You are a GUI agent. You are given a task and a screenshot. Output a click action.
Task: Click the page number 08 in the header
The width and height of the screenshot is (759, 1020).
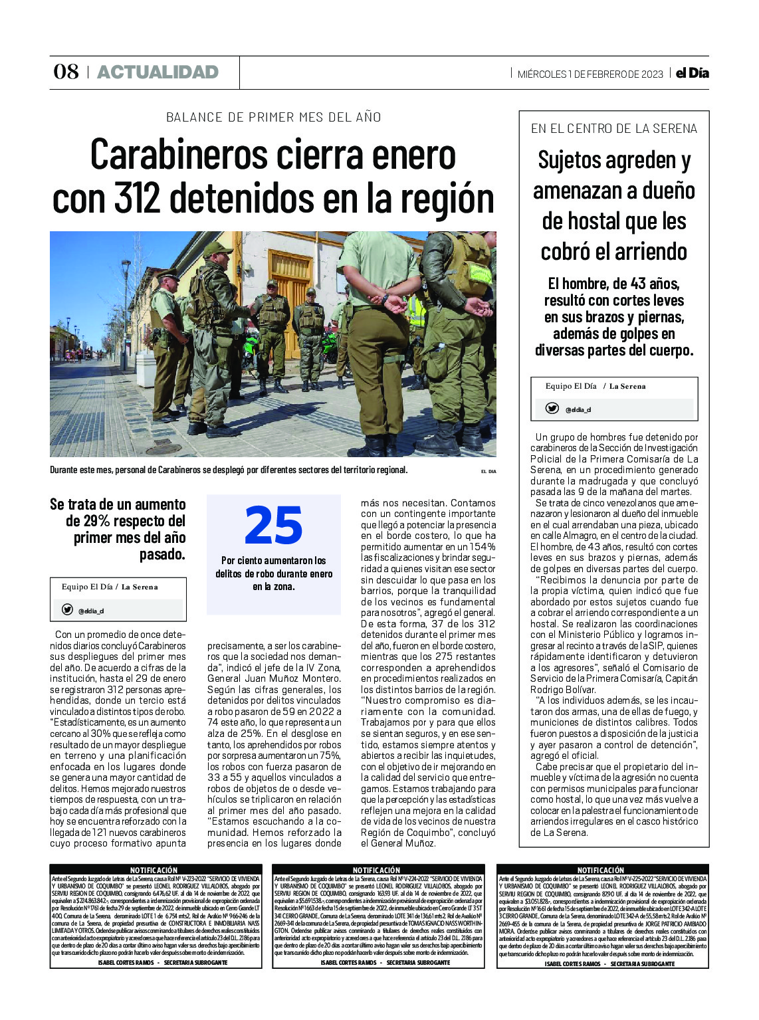(66, 72)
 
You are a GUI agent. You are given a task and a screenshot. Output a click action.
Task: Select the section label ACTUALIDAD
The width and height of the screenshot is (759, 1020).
(158, 72)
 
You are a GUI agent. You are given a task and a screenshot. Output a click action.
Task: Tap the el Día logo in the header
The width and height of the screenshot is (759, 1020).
(692, 73)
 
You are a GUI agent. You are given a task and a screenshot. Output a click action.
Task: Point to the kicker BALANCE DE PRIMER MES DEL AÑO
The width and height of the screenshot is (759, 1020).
(273, 118)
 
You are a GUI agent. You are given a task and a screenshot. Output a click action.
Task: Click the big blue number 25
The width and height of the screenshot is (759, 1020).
(273, 526)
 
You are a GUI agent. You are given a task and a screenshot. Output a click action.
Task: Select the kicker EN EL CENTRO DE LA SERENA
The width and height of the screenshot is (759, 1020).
(613, 129)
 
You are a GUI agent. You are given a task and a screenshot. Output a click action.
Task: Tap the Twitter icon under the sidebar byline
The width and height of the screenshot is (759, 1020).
(552, 408)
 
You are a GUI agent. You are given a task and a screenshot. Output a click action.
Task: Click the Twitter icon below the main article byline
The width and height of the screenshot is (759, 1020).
(67, 609)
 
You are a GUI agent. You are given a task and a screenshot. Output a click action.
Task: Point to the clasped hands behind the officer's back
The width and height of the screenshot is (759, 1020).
(395, 304)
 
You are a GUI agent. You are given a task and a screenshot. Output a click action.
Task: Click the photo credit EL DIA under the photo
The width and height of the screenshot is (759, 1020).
(488, 471)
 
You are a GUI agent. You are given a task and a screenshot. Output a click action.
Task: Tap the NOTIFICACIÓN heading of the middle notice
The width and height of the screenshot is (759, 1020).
(376, 870)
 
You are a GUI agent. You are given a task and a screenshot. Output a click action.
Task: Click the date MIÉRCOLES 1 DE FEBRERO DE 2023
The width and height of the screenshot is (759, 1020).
(590, 74)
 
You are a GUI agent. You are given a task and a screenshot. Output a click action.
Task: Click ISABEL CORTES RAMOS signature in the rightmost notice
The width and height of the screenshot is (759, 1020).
(572, 964)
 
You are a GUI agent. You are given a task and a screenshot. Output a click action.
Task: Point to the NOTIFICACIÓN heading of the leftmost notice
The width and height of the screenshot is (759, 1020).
(154, 870)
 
